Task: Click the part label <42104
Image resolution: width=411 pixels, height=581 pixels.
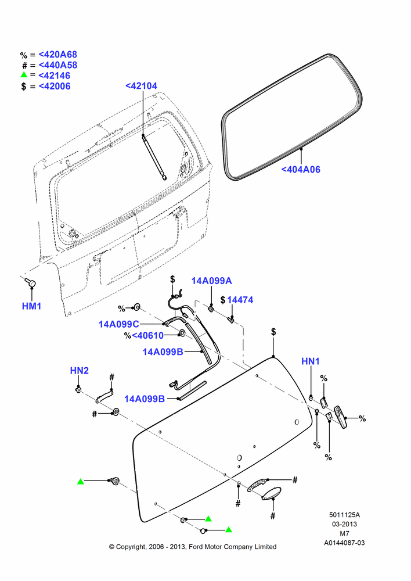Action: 141,86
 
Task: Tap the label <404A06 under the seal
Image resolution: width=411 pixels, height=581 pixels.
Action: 301,170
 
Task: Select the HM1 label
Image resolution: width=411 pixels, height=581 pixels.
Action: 31,306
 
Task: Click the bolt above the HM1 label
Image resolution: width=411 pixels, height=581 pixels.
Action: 30,283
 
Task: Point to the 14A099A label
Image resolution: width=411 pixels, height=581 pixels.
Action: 211,281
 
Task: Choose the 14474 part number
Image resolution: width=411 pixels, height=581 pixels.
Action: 240,300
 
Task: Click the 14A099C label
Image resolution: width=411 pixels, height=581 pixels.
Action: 118,324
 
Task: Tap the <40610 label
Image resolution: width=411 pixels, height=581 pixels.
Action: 147,336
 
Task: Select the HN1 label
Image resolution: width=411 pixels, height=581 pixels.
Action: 311,361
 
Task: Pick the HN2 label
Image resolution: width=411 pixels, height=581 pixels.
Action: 79,371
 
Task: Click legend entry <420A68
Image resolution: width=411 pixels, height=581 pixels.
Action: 58,55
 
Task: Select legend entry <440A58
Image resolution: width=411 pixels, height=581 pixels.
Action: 58,65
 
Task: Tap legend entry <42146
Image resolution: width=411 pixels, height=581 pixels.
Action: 55,76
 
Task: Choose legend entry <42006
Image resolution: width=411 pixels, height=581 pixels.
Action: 55,87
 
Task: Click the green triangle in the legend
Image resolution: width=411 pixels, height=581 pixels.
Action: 24,74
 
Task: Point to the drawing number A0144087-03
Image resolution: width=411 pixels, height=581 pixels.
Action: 344,543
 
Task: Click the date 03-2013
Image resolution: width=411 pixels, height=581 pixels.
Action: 344,524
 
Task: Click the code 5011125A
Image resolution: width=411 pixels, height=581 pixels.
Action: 344,515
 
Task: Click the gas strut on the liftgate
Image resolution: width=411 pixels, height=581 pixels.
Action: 154,157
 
